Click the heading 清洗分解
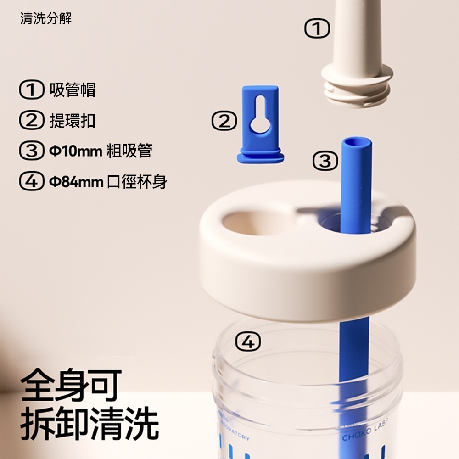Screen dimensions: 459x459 click(x=46, y=19)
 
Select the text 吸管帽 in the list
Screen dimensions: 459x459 click(x=73, y=90)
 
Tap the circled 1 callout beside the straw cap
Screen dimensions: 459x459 click(x=317, y=29)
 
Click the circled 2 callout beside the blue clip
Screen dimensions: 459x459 click(x=224, y=122)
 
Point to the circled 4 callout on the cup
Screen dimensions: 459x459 click(x=248, y=342)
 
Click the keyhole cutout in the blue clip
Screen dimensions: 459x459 click(x=261, y=117)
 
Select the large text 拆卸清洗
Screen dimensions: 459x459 click(x=90, y=425)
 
